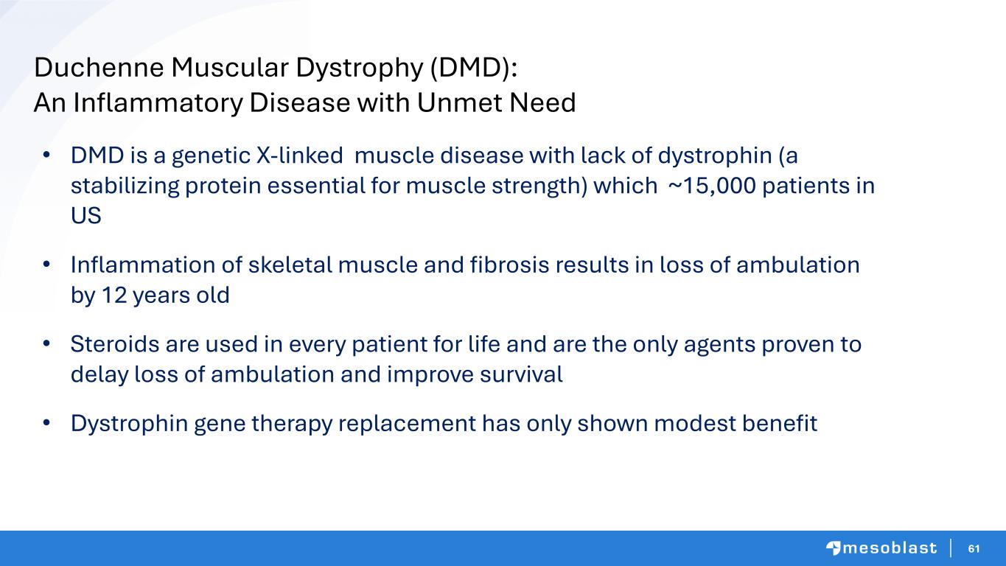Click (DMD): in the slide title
coord(474,69)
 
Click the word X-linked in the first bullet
coord(299,156)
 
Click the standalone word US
coord(86,216)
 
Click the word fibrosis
coord(510,265)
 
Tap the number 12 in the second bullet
coord(114,296)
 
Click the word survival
coord(521,374)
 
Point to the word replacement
coord(407,424)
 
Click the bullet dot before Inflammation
coord(46,265)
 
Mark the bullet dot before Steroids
coord(46,344)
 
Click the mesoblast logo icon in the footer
coord(833,548)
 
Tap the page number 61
coord(974,548)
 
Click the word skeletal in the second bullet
coord(290,265)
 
